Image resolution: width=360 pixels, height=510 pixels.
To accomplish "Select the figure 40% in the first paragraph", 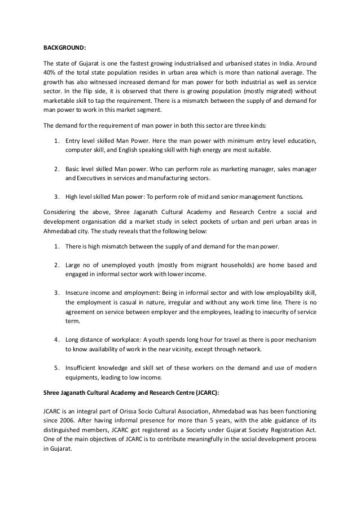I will click(50, 72).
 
